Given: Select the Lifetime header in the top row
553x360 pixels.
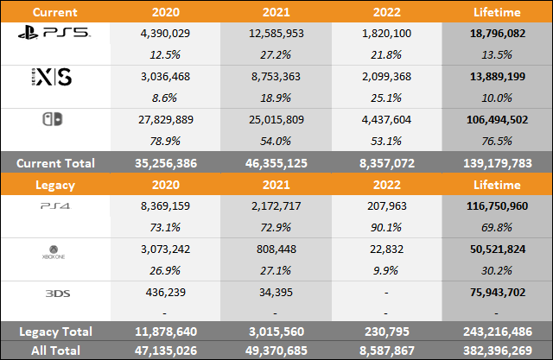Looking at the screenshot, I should [x=498, y=12].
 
